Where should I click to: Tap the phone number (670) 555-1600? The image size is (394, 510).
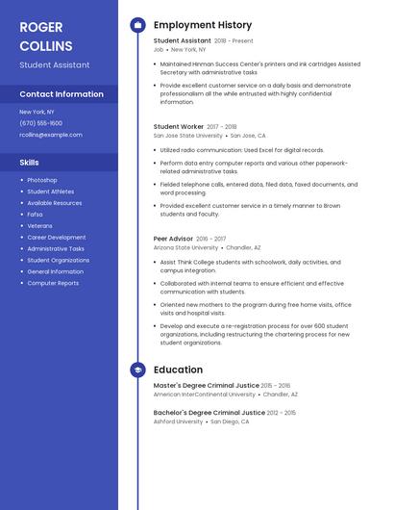pos(40,123)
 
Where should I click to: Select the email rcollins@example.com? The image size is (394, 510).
pos(51,135)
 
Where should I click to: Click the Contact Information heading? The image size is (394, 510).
pos(62,94)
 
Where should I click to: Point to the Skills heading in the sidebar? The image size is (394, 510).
pos(29,163)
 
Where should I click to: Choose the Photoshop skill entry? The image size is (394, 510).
pos(41,180)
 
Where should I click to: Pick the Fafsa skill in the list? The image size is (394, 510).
pos(36,215)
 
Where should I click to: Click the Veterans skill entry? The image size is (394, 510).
pos(39,225)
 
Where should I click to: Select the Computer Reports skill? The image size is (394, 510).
pos(53,283)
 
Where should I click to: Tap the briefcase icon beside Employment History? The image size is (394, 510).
pos(137,25)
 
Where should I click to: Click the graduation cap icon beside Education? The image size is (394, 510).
pos(137,370)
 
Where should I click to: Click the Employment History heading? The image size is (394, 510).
pos(202,25)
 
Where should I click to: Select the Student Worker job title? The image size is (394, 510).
pos(178,126)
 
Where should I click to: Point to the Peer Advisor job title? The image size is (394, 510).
pos(173,238)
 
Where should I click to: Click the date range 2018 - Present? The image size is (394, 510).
pos(234,41)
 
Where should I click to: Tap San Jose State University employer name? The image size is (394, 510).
pos(187,136)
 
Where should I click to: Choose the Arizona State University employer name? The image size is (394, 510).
pos(185,247)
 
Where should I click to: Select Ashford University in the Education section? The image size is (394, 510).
pos(178,421)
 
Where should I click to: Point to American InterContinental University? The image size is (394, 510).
pos(204,394)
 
